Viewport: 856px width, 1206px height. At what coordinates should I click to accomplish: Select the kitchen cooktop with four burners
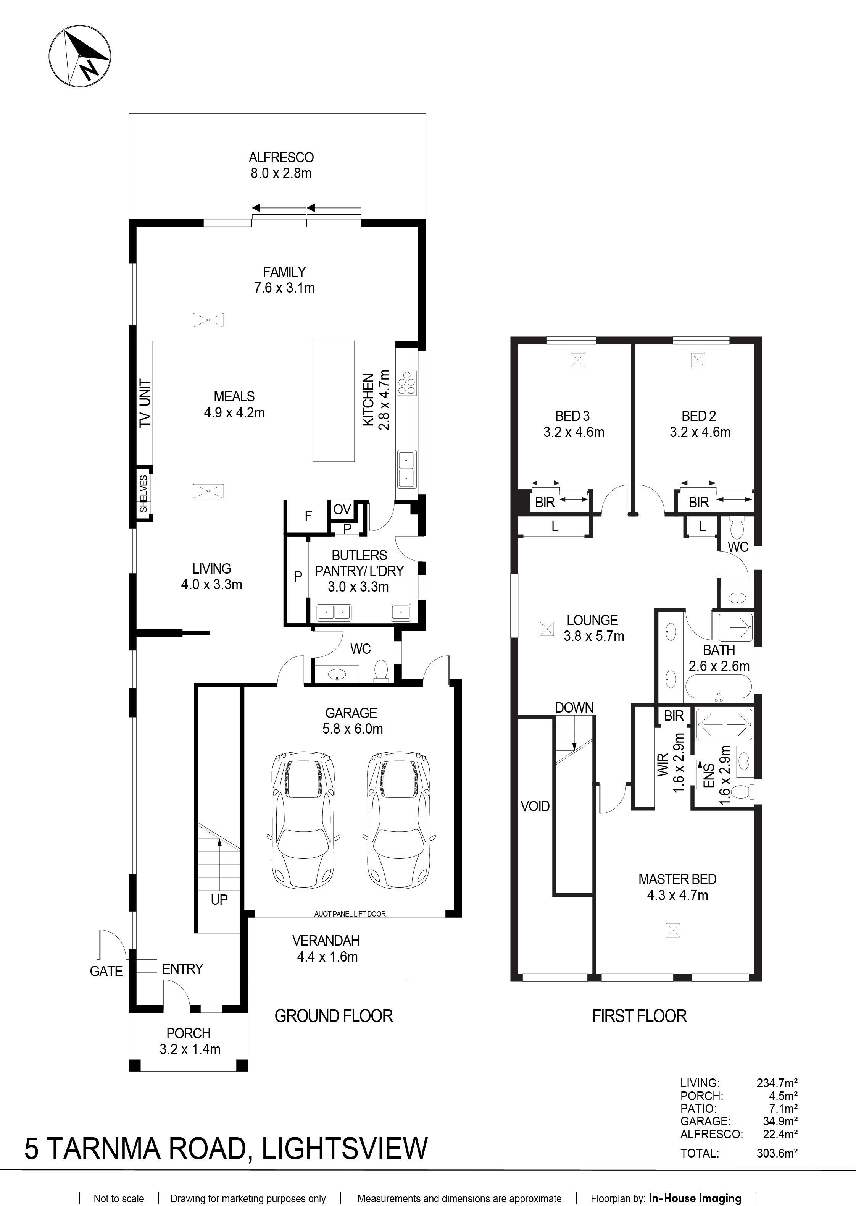407,383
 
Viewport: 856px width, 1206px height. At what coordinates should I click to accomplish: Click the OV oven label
342,509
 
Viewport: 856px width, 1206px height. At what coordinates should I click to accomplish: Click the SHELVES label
144,493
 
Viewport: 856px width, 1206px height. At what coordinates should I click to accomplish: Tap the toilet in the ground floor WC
380,671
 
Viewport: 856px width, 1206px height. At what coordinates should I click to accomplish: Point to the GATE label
106,972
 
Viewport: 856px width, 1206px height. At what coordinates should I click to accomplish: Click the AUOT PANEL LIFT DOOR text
350,914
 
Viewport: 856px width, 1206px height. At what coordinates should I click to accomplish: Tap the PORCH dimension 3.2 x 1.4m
190,1049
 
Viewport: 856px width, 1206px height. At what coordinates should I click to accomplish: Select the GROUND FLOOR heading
334,1016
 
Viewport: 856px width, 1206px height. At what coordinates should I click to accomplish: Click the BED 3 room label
572,416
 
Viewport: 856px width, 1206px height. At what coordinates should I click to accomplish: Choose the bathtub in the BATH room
719,688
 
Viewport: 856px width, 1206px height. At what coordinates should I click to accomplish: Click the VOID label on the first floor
535,806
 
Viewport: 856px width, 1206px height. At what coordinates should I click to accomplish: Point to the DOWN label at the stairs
574,708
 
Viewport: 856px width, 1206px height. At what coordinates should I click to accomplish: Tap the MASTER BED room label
677,879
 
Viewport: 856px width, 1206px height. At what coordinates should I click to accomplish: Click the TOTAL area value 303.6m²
777,1153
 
